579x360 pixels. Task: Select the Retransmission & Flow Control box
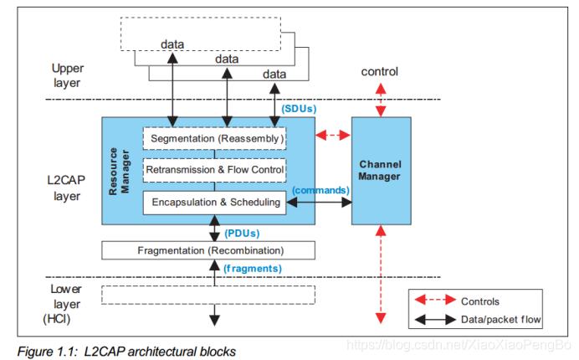click(215, 171)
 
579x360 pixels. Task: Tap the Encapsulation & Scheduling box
click(215, 203)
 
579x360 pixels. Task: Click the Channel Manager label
click(382, 170)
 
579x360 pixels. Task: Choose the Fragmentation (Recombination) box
click(208, 250)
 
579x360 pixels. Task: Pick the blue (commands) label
click(320, 190)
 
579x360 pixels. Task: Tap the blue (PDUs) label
click(243, 234)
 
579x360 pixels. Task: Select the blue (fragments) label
click(254, 268)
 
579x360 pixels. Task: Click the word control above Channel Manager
click(381, 73)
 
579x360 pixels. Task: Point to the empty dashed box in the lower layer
click(208, 294)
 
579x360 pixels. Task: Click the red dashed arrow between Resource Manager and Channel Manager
click(334, 134)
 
